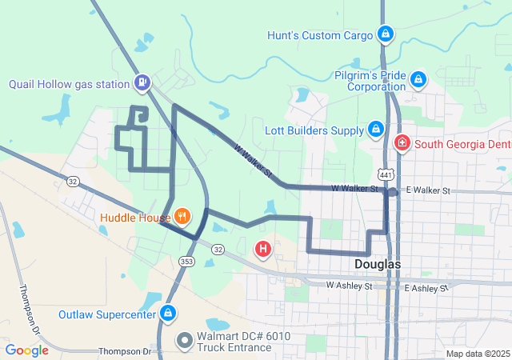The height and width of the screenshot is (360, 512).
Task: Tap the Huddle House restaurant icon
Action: point(182,215)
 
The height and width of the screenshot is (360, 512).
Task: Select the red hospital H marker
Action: point(262,250)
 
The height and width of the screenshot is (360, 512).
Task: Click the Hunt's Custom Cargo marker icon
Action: point(386,34)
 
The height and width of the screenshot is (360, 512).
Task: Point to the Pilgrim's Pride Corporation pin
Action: point(418,79)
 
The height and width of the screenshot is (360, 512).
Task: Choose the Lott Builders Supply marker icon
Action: point(376,129)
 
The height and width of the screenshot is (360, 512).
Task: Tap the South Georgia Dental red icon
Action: point(402,144)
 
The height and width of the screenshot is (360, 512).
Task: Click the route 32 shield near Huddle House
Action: point(218,250)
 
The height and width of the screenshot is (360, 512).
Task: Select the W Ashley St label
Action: point(349,286)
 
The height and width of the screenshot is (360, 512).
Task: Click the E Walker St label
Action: point(429,190)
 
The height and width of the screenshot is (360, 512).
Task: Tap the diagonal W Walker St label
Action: point(254,161)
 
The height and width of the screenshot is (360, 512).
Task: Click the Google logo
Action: point(26,350)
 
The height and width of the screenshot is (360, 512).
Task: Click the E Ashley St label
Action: point(426,288)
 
